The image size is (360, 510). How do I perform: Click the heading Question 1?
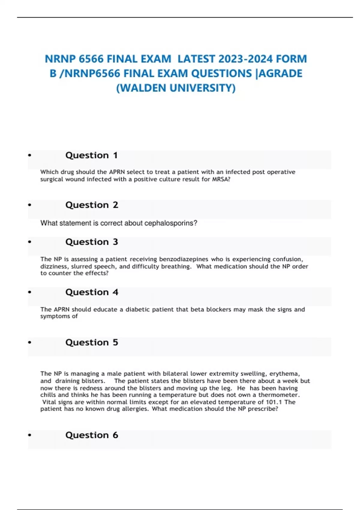tap(91, 155)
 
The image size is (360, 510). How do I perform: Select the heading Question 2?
tap(92, 205)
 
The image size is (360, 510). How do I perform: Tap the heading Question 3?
tap(92, 242)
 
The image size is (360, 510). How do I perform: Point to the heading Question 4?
tap(92, 292)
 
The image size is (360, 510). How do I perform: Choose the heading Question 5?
tap(92, 342)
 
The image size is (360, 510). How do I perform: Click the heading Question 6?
tap(92, 435)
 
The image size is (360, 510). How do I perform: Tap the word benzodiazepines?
tap(184, 259)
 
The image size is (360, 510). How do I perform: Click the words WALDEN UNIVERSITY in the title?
tap(176, 88)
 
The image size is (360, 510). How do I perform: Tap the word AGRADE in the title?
tap(280, 73)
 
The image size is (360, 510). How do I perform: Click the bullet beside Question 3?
tap(29, 242)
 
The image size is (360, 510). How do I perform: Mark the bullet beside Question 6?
tap(29, 435)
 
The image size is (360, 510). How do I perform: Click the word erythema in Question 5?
tap(284, 374)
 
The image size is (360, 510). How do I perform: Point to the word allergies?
tap(135, 409)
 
